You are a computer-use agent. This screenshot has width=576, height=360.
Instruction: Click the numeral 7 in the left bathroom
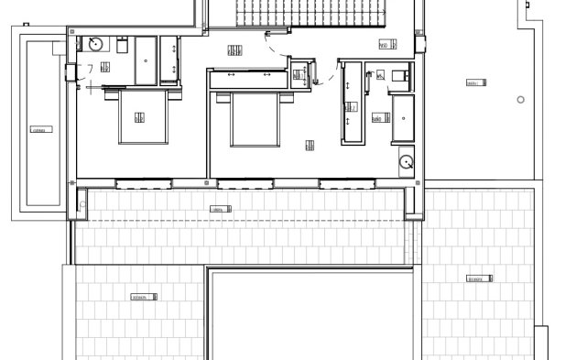coord(90,69)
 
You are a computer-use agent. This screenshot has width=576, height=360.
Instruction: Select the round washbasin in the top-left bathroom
coord(95,43)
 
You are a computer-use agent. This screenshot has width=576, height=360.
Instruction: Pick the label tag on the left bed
coord(139,116)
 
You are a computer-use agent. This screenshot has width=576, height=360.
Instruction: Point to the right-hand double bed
coord(255,118)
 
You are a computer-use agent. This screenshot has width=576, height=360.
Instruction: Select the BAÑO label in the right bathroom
coord(376,118)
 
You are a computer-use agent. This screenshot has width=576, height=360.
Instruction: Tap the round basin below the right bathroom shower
coord(407,162)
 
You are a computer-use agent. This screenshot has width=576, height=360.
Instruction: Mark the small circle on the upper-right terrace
coord(520,99)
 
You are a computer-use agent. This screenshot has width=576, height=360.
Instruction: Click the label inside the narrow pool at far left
coord(38,129)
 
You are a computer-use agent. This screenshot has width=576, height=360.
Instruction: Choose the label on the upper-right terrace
coord(473,83)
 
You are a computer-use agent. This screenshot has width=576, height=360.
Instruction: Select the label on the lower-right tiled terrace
coord(476,278)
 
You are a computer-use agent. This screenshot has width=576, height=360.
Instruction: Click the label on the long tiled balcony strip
coord(220,209)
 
